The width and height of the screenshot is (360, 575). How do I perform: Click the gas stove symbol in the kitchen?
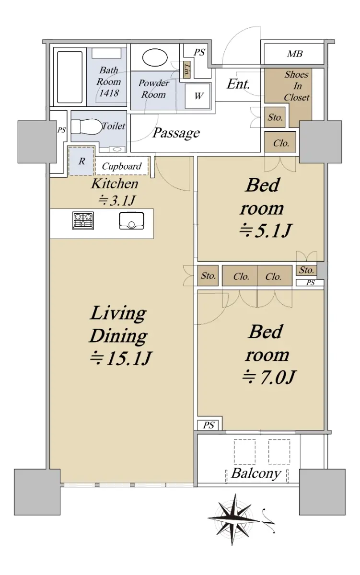point(83,220)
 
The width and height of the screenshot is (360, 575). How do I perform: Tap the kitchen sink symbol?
point(131,220)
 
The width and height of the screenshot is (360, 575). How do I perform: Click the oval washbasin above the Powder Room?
point(155,58)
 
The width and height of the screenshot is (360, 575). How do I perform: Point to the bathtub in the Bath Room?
point(70,77)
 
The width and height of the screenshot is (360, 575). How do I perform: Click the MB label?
point(294,54)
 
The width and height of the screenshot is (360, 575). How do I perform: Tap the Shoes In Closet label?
point(297,86)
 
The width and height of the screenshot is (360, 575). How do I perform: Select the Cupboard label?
point(122,166)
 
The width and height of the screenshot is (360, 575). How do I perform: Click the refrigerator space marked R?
point(81,161)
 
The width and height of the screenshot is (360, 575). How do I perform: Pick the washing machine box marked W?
point(197,96)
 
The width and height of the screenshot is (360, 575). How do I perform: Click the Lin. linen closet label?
point(186,69)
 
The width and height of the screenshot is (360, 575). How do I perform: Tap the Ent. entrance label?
point(238,84)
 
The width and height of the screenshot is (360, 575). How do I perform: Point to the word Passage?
point(176,133)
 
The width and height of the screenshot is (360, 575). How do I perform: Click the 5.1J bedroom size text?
point(265,230)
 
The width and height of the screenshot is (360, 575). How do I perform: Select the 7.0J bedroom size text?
point(269,377)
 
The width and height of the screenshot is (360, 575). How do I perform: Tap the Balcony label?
point(256,473)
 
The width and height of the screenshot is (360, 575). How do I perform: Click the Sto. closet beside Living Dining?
point(208,276)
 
